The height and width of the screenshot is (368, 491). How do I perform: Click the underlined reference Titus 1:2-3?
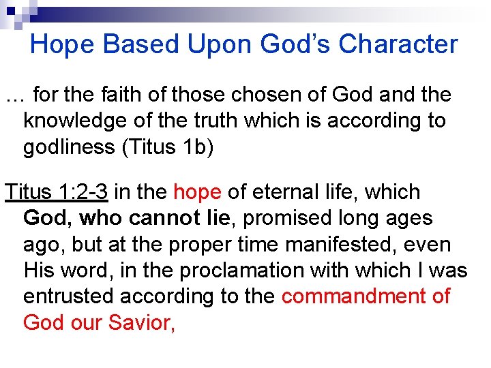tap(57, 193)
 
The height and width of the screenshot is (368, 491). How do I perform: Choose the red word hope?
tap(198, 193)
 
